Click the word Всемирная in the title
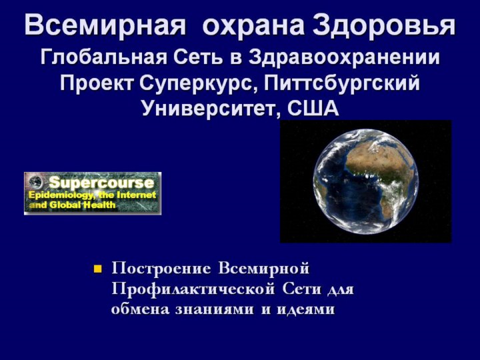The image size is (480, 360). pyautogui.click(x=105, y=25)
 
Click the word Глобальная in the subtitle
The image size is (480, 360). pyautogui.click(x=103, y=57)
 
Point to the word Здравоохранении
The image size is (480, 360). pyautogui.click(x=344, y=58)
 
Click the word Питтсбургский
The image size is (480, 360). pyautogui.click(x=342, y=83)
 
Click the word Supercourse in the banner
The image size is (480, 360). pyautogui.click(x=101, y=183)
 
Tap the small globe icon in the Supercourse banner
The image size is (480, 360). pyautogui.click(x=35, y=182)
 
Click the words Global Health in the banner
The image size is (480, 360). pyautogui.click(x=83, y=205)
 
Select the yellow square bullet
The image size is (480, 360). pyautogui.click(x=97, y=269)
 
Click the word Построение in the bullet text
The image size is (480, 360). pyautogui.click(x=161, y=269)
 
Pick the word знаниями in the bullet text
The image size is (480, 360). pyautogui.click(x=215, y=309)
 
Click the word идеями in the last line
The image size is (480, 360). pyautogui.click(x=306, y=309)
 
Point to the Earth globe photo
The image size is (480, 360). pyautogui.click(x=366, y=181)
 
